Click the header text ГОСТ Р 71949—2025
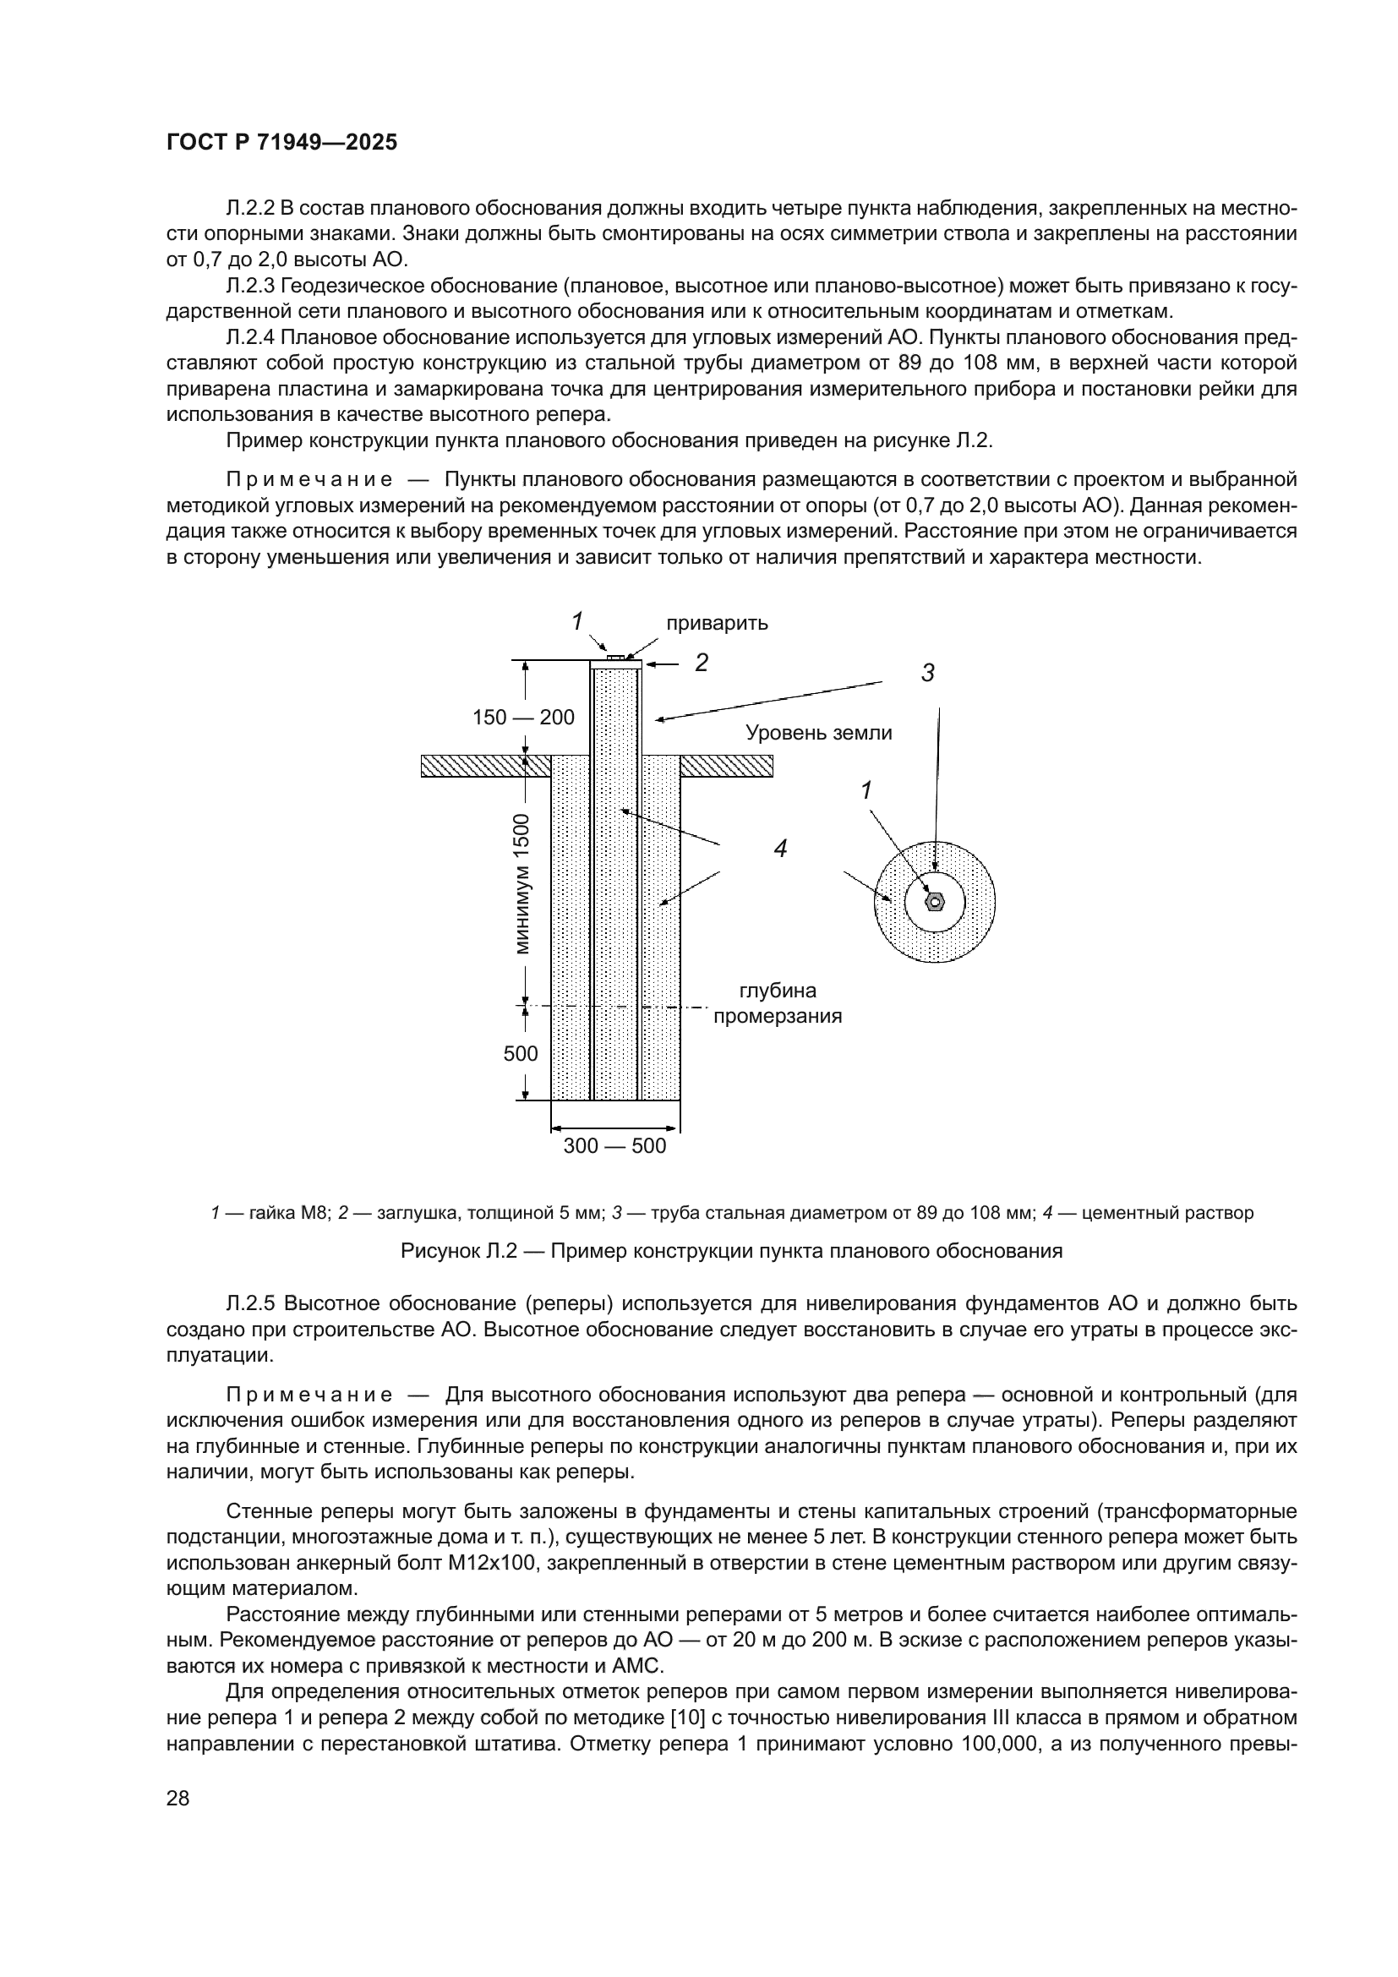pyautogui.click(x=281, y=143)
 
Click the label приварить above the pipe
pyautogui.click(x=717, y=624)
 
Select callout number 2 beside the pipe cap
pyautogui.click(x=702, y=663)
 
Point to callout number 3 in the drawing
pyautogui.click(x=927, y=674)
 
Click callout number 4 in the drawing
pyautogui.click(x=780, y=849)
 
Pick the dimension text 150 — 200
pyautogui.click(x=523, y=718)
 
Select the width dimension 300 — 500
pyautogui.click(x=614, y=1146)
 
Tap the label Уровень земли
pyautogui.click(x=819, y=733)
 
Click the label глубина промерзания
pyautogui.click(x=778, y=1004)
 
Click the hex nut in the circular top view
pyautogui.click(x=935, y=902)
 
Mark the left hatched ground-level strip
pyautogui.click(x=485, y=766)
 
